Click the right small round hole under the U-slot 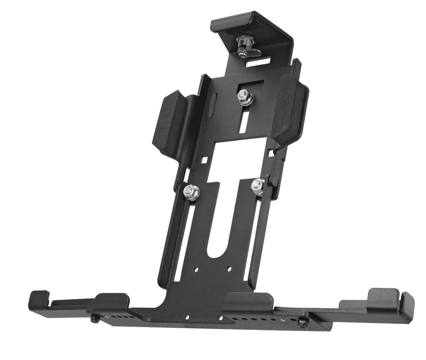229,268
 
